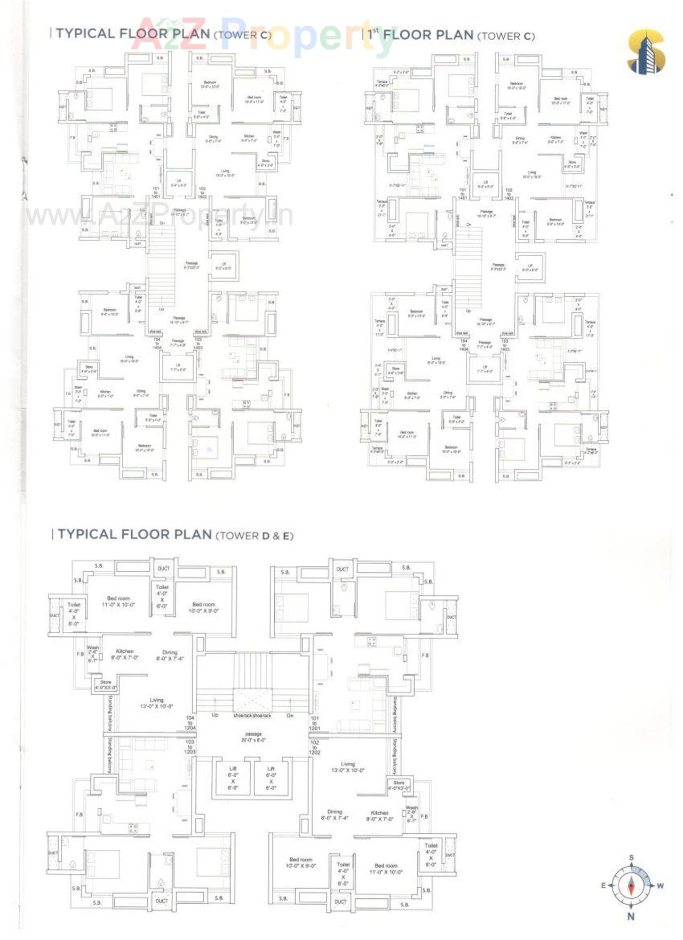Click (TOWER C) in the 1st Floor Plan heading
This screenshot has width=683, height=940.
point(505,36)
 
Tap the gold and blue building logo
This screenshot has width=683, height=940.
point(646,52)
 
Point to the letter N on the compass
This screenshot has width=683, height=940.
point(631,917)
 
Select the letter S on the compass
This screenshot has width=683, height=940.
point(631,858)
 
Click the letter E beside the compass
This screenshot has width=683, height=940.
point(603,886)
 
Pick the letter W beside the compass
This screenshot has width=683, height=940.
point(660,886)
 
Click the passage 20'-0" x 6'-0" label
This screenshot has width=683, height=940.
point(253,737)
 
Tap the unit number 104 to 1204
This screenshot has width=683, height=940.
point(190,723)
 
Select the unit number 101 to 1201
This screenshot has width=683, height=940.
point(314,723)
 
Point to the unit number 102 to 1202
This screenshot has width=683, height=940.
point(314,747)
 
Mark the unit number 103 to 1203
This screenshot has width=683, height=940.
point(190,747)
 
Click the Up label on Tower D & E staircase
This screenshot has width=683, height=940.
point(215,715)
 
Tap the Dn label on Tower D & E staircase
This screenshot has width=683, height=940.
point(290,715)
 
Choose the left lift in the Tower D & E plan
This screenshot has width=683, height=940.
point(233,778)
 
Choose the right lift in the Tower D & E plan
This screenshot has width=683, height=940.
point(271,778)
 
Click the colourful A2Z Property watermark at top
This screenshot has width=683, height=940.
point(264,35)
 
